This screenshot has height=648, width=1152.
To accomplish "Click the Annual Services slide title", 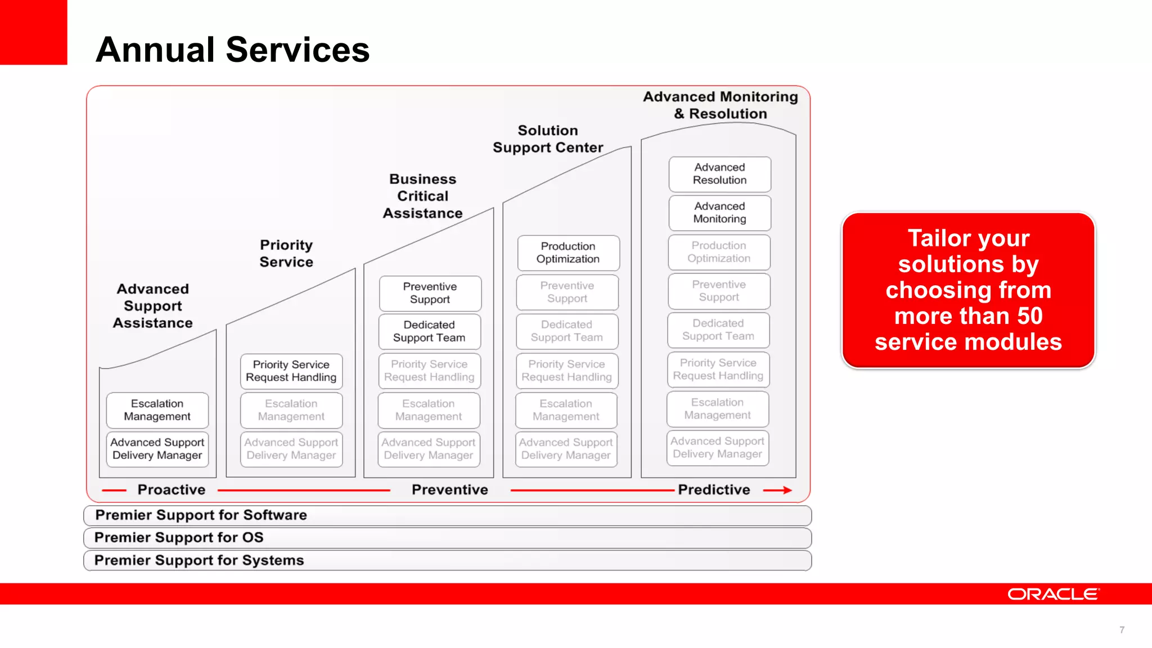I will (x=232, y=49).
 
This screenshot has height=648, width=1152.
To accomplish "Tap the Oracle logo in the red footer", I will (x=1053, y=594).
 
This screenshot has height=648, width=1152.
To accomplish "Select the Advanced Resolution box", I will (x=719, y=174).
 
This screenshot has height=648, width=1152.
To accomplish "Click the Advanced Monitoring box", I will (x=719, y=213).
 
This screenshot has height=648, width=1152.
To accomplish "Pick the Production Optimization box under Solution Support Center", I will (x=568, y=253).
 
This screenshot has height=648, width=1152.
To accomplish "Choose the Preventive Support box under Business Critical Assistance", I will (x=430, y=293).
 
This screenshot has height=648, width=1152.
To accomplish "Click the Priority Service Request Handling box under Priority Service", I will (x=291, y=371).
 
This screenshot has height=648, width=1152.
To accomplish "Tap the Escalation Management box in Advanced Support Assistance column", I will (x=157, y=410).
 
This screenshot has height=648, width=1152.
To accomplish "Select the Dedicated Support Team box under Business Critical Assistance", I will (x=429, y=331).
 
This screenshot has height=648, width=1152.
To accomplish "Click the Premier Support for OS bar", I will (x=447, y=538).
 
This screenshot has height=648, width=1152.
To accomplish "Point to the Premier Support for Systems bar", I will (x=447, y=560).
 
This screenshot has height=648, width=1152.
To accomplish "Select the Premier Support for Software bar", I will (x=447, y=515).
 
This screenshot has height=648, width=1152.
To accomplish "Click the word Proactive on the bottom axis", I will (x=172, y=490).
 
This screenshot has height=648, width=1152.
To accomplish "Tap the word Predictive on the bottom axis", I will (x=714, y=490).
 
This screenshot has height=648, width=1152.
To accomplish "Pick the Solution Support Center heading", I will (x=548, y=139).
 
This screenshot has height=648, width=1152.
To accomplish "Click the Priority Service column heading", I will (x=286, y=253).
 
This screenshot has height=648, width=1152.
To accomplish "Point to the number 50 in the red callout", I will (x=1029, y=316).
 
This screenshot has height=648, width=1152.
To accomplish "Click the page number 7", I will (x=1122, y=630).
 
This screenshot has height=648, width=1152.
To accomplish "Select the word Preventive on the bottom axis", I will (x=449, y=490).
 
